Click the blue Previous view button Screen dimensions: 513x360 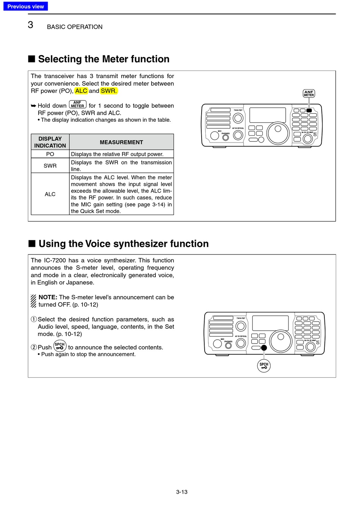coord(25,6)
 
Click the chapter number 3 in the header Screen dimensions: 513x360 coord(30,25)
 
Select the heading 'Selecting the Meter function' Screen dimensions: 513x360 coord(103,59)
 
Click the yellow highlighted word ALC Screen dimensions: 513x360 coord(81,91)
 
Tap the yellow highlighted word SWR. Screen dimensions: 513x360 coord(109,91)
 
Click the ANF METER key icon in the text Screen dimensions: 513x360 coord(78,105)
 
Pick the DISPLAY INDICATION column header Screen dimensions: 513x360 coord(50,142)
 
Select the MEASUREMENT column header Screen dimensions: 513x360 coord(121,142)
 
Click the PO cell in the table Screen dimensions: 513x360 coord(50,154)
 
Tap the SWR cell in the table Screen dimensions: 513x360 coord(50,166)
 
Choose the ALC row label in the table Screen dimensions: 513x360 coord(50,194)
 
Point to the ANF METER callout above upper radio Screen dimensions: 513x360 coord(309,93)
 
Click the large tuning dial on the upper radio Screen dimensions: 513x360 coord(278,133)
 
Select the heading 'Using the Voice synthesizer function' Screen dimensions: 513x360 coord(124,244)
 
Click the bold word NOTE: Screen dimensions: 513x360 coord(48,297)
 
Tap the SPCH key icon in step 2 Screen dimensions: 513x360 coord(60,346)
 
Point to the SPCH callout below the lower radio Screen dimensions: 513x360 coord(264,366)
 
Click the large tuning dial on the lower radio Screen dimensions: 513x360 coord(280,340)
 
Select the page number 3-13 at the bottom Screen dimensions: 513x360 coord(182,492)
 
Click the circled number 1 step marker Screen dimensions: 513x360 coord(34,319)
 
